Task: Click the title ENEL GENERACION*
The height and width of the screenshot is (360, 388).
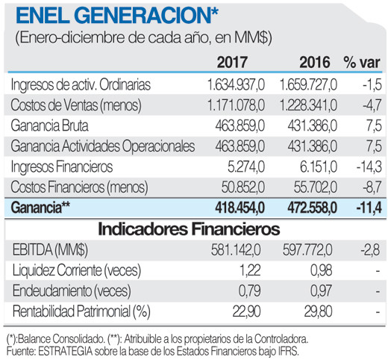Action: tap(119, 14)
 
